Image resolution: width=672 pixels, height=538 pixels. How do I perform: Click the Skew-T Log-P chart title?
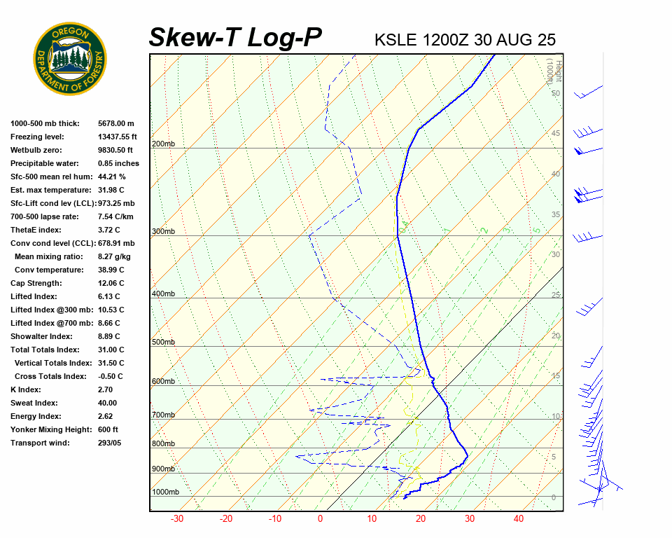coord(235,37)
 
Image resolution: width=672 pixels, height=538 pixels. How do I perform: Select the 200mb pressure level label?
coord(163,144)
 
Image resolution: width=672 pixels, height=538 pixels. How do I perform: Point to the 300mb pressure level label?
coord(163,231)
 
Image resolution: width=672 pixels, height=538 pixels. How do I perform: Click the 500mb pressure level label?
coord(163,343)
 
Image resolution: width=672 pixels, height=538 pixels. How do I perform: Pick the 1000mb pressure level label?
coord(165,492)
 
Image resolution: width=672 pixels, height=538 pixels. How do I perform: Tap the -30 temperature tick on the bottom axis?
coord(177,519)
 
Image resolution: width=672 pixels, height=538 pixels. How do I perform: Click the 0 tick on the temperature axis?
coord(321,519)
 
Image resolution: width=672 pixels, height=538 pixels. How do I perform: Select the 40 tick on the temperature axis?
coord(519,519)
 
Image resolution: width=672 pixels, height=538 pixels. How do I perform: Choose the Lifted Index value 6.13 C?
coord(111,296)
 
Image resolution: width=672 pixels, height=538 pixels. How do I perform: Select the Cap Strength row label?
coord(36,283)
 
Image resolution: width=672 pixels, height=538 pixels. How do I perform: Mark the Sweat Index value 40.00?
coord(108,403)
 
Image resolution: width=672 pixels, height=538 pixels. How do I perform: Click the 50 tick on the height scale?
coord(556,93)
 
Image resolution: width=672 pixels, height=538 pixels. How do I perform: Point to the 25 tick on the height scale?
coord(556,295)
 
